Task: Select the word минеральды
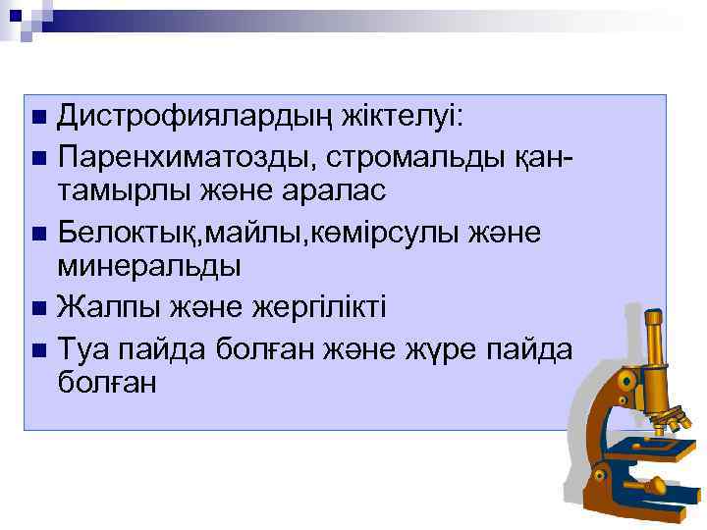(x=149, y=266)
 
